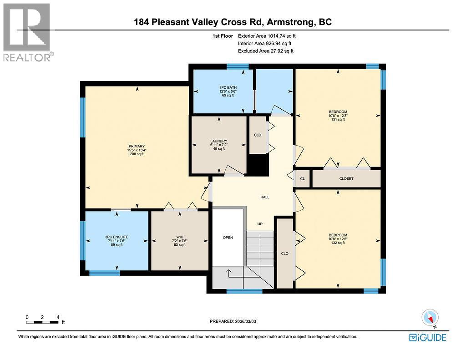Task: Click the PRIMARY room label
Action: (x=136, y=146)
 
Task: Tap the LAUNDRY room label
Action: (x=219, y=141)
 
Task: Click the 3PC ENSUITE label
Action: (x=116, y=237)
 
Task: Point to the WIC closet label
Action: (x=180, y=237)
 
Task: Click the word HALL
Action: (x=265, y=197)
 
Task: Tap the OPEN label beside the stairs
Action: (x=228, y=238)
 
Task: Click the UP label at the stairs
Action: (x=260, y=224)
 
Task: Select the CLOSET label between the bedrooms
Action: (x=346, y=178)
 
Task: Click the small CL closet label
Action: (x=303, y=178)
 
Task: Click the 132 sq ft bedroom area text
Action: (x=338, y=243)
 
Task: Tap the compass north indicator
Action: (x=430, y=318)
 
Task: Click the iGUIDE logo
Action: (x=427, y=337)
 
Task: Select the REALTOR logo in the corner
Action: (x=27, y=32)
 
